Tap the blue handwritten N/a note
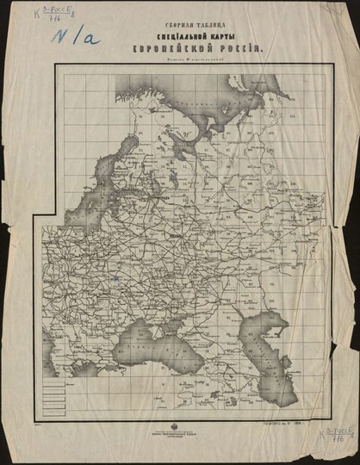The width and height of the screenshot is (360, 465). [x=76, y=36]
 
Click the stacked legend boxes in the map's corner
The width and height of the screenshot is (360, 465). [x=58, y=397]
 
